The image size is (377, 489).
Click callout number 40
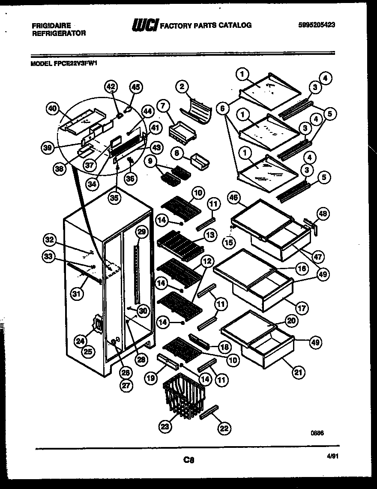tap(52, 109)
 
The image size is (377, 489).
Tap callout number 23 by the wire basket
tap(165, 426)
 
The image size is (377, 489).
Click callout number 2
tap(182, 87)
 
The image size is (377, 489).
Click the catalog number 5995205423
tap(316, 25)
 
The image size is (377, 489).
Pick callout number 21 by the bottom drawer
tap(297, 372)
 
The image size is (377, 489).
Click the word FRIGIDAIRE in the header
tap(51, 26)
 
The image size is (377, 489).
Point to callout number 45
tap(135, 87)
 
